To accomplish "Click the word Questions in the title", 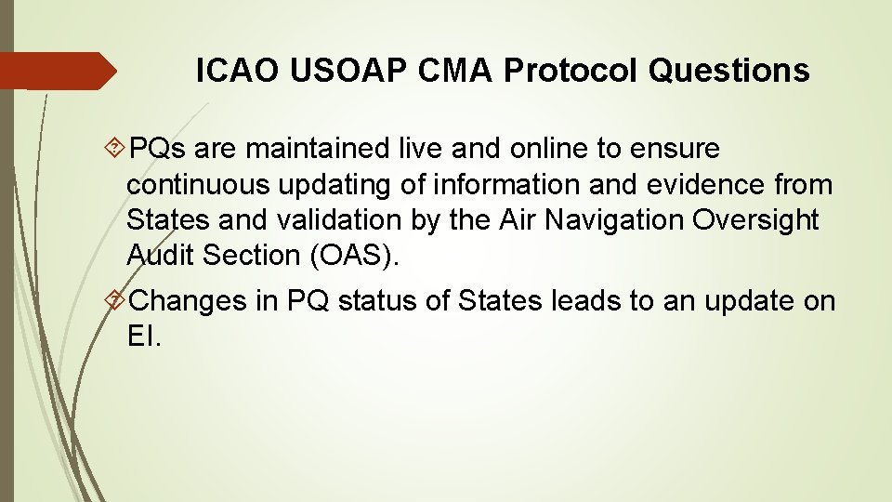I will (x=729, y=71).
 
